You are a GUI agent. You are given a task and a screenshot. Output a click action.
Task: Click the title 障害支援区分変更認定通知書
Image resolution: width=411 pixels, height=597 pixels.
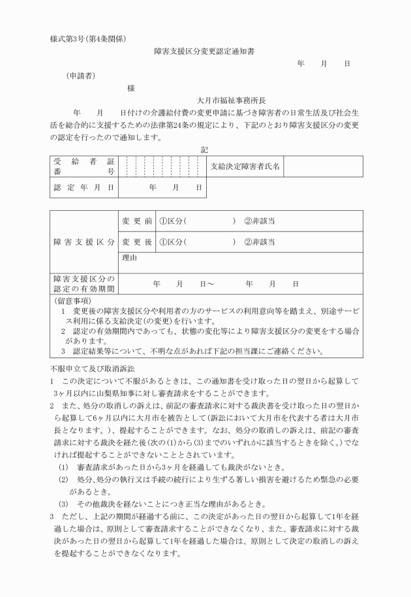[204, 50]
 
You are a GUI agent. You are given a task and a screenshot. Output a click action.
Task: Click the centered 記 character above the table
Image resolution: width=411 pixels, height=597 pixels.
[204, 149]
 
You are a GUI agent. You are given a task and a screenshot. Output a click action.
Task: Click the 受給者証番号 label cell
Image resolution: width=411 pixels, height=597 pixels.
[84, 166]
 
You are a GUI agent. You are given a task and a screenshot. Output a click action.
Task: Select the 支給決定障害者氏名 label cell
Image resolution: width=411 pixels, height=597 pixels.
[245, 166]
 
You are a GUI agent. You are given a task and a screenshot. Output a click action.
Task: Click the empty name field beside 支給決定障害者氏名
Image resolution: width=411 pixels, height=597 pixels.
[322, 166]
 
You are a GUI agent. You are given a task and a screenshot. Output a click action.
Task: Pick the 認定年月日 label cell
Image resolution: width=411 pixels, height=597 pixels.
[84, 188]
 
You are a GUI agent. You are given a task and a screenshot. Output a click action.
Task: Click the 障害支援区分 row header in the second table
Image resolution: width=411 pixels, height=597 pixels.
[84, 241]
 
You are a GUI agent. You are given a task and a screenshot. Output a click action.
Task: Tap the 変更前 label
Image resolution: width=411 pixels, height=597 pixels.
[136, 221]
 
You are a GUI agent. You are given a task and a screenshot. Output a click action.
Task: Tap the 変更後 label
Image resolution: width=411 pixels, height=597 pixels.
[136, 241]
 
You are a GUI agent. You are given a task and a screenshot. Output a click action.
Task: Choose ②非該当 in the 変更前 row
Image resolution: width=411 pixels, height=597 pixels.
[259, 221]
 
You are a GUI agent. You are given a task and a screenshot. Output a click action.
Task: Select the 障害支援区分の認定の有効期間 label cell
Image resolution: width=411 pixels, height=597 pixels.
[84, 284]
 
